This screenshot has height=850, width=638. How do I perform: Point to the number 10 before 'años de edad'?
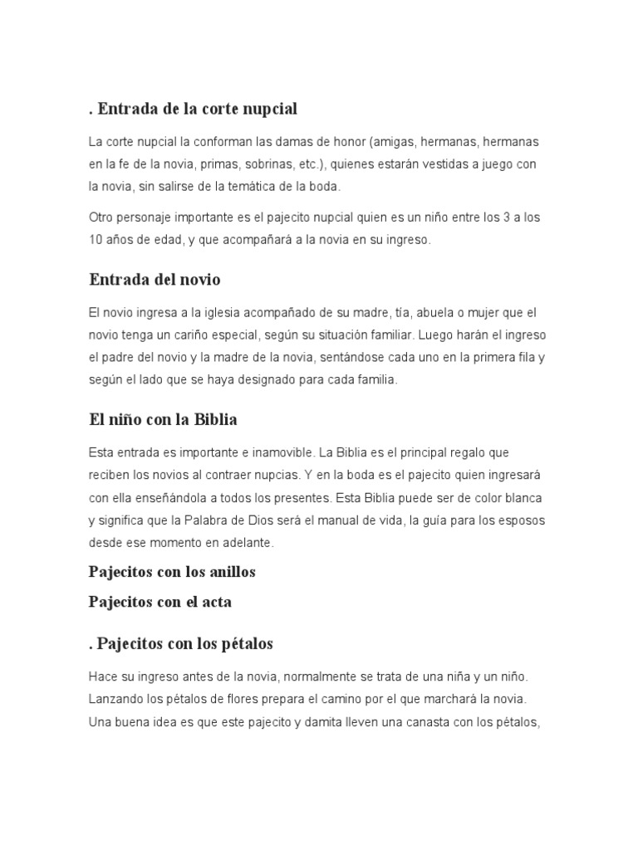click(x=96, y=240)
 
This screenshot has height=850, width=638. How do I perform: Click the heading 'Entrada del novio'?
click(x=155, y=280)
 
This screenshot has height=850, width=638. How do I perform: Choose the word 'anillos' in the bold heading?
click(x=229, y=572)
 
